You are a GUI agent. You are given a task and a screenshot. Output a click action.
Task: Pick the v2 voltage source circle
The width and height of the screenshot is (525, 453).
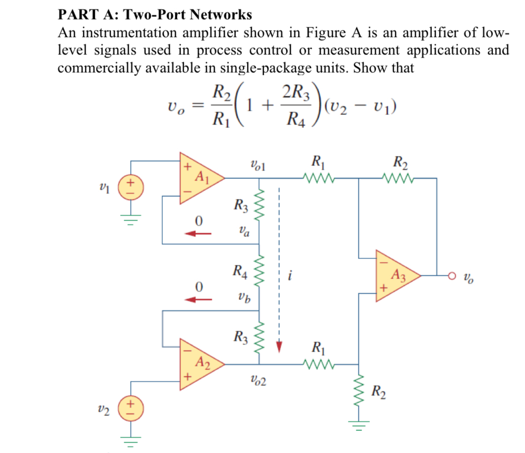point(128,409)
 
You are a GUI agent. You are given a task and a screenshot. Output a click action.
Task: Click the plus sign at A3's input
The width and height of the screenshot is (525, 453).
point(383,289)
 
